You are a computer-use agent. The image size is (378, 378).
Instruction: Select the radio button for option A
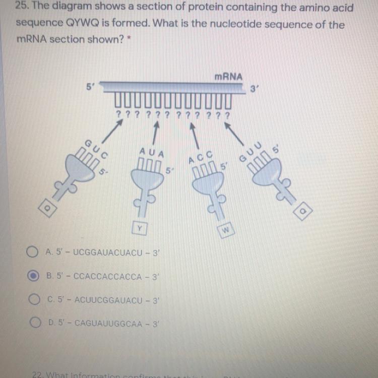coord(33,251)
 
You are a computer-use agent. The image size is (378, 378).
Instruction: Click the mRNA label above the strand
coord(228,77)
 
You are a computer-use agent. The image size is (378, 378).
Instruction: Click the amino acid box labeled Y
coord(139,228)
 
